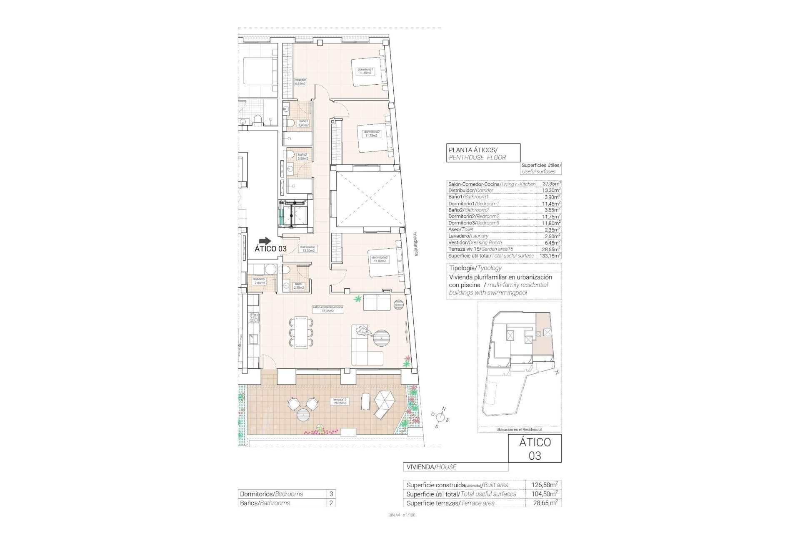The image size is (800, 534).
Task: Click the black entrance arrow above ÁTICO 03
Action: tap(265, 241)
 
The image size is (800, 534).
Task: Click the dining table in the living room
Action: tap(300, 332)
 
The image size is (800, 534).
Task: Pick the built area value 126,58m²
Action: tap(544, 485)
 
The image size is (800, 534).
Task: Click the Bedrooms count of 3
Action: tap(331, 494)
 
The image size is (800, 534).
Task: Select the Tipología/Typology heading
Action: tap(475, 268)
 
